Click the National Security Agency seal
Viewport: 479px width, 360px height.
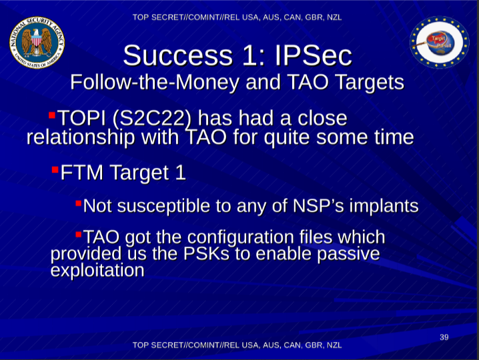coord(37,43)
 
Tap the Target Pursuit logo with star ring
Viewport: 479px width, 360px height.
coord(439,42)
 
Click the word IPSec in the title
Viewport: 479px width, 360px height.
coord(314,55)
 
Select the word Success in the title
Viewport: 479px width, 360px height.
coord(178,55)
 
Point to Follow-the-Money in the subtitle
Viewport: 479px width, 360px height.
coord(155,82)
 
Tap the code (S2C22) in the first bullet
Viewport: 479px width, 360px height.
coord(152,119)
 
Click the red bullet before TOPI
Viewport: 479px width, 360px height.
coord(52,115)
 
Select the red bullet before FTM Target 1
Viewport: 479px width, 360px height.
coord(55,169)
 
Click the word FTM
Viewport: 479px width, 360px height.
coord(82,173)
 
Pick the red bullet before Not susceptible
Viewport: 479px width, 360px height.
coord(78,203)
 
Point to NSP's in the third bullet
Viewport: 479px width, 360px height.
coord(318,205)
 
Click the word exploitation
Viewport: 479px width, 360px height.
coord(97,270)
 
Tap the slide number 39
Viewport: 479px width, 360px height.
coord(444,337)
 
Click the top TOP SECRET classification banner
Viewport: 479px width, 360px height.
coord(237,17)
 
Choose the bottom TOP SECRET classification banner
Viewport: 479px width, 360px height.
coord(237,345)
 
